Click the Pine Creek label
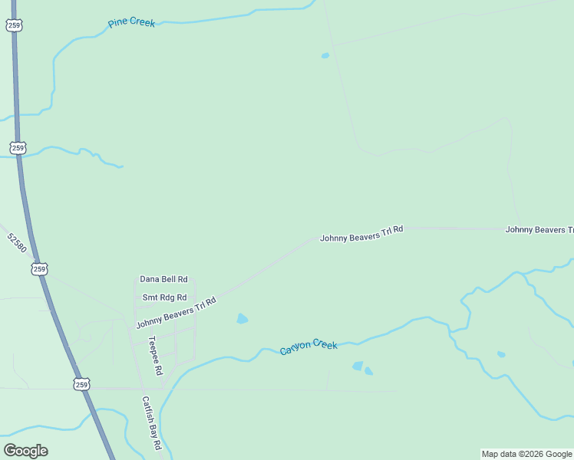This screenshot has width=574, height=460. (131, 23)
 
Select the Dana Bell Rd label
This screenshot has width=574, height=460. (163, 280)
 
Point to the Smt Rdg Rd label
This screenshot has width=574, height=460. (164, 297)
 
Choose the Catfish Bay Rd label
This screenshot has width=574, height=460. (150, 422)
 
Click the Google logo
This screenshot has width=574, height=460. (25, 450)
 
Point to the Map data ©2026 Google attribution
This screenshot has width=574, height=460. (527, 454)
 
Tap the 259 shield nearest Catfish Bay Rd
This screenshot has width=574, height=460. (82, 383)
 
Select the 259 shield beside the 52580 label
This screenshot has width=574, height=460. (40, 268)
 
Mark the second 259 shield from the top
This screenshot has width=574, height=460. (18, 147)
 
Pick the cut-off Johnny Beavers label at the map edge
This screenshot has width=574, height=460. (539, 230)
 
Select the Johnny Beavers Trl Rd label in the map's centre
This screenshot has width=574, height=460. (361, 234)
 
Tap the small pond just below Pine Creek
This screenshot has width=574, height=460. (325, 55)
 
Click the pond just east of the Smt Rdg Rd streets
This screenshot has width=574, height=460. (242, 318)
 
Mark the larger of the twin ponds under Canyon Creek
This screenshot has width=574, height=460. (358, 366)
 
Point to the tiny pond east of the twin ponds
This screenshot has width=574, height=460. (501, 354)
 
